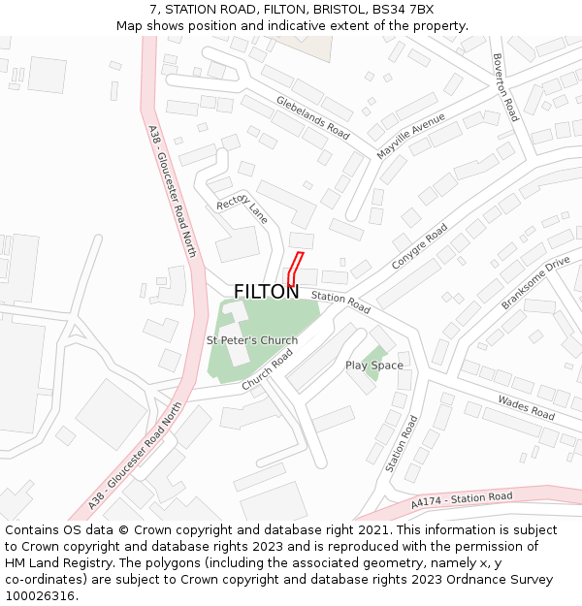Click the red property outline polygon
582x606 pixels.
[295, 269]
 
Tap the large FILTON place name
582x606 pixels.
[266, 292]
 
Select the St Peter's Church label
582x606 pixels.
[252, 340]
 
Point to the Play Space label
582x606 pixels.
[374, 366]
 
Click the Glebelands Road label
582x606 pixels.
[312, 116]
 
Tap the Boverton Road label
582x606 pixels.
[505, 87]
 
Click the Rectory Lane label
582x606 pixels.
[242, 207]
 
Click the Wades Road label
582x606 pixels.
[526, 407]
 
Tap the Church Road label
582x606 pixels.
[268, 370]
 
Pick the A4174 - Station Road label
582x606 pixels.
[461, 500]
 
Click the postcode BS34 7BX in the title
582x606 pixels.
[406, 10]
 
